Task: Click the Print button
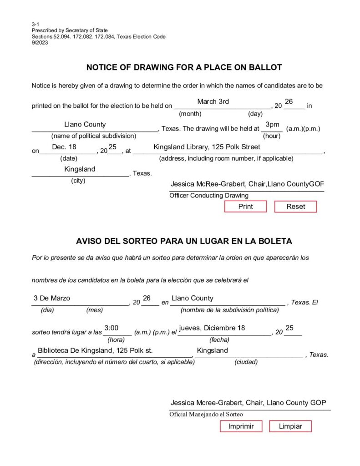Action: click(x=245, y=207)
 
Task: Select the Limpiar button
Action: click(x=290, y=426)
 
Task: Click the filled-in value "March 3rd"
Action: click(x=213, y=101)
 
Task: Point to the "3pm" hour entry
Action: click(x=272, y=124)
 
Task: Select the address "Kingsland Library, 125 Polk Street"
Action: click(x=207, y=147)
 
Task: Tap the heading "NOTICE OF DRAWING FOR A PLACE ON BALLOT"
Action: click(x=184, y=68)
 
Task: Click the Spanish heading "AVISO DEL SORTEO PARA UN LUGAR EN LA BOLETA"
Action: click(x=184, y=241)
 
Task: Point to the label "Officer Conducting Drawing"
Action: click(x=209, y=196)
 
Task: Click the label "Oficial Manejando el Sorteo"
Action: click(x=206, y=415)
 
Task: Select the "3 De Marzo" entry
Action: click(x=52, y=298)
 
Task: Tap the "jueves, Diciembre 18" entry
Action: click(x=212, y=328)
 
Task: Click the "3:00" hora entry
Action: click(x=112, y=328)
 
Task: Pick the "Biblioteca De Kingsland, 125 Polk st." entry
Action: click(x=95, y=350)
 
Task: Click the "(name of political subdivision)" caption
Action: click(x=94, y=136)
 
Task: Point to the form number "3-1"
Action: click(x=35, y=24)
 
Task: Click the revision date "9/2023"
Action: click(x=40, y=43)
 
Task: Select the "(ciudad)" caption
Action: click(x=246, y=362)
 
